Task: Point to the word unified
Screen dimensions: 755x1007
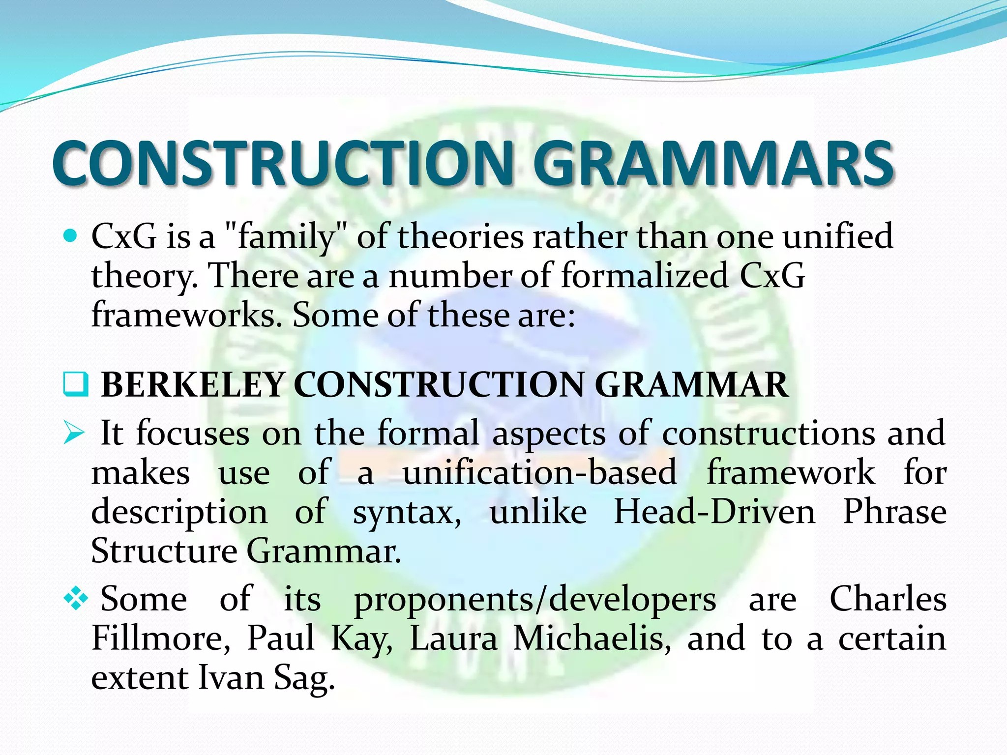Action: [837, 236]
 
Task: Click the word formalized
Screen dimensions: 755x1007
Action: [645, 276]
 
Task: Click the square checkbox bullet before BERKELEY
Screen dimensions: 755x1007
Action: [76, 385]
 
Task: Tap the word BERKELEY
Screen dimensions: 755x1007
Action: [193, 385]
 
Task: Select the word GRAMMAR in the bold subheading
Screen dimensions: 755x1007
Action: [691, 385]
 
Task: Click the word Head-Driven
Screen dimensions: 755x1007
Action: [714, 512]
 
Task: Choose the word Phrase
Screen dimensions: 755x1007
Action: [894, 512]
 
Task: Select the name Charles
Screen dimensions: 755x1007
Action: [888, 600]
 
